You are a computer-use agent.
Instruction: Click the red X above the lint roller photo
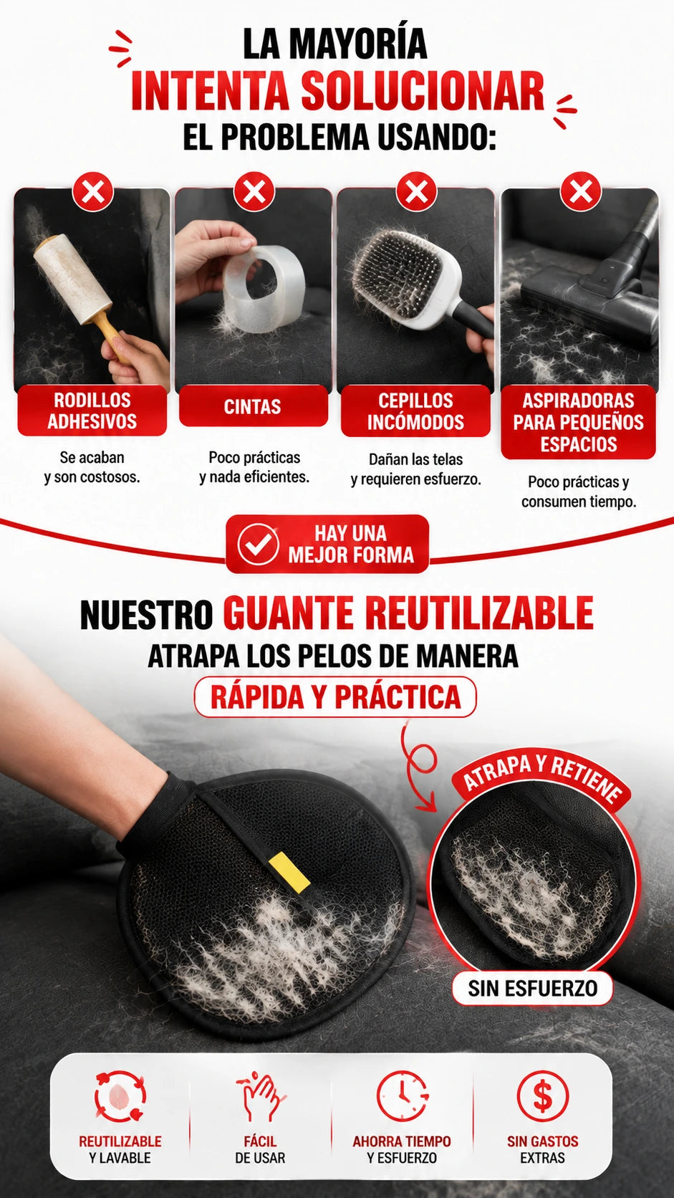(93, 191)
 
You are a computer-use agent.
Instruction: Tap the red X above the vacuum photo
(581, 191)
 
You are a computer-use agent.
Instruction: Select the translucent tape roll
(264, 287)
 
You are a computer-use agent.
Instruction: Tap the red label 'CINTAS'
(253, 406)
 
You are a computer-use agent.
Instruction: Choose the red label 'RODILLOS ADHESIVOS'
(92, 411)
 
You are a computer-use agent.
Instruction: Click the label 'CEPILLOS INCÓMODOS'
(416, 411)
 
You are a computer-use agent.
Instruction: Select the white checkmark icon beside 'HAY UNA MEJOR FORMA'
(258, 544)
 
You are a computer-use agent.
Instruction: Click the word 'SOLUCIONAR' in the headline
(423, 91)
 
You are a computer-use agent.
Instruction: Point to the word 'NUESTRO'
(146, 615)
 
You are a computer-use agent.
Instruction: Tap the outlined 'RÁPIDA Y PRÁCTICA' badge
(335, 696)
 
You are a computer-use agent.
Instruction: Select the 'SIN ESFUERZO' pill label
(532, 988)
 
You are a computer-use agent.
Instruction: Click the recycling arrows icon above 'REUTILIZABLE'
(120, 1096)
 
